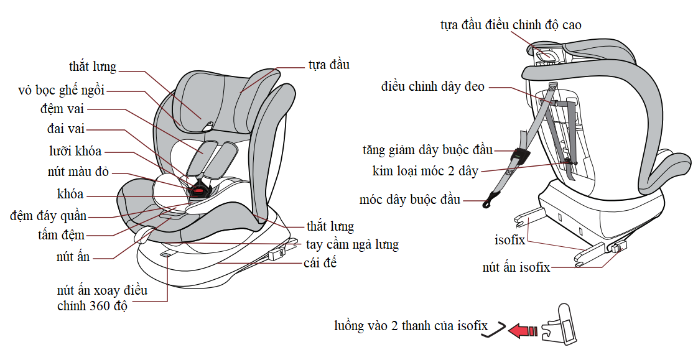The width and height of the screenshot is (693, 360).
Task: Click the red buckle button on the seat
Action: pos(199,191)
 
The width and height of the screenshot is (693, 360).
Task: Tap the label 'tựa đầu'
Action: pos(329,65)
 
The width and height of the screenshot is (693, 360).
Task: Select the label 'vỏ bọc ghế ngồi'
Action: pos(62,90)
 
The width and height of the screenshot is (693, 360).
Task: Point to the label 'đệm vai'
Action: pos(62,109)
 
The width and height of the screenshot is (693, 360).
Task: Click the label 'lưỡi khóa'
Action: pos(75,151)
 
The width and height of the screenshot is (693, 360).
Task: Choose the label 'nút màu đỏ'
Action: pos(78,172)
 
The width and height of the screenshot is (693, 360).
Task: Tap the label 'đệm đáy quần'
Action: pos(49,216)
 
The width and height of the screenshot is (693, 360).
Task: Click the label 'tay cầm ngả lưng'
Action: pos(352,245)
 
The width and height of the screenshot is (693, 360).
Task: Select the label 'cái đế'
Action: pos(320,263)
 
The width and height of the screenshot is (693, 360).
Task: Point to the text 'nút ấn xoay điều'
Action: pos(102,290)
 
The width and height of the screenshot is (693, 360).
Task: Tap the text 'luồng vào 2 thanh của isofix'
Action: pos(411,326)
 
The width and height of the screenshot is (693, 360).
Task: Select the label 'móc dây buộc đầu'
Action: pos(410,200)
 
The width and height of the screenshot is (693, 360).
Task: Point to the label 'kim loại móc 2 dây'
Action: pos(425,171)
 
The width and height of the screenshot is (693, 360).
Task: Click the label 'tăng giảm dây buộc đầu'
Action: pos(427,150)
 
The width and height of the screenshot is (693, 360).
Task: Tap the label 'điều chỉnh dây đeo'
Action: pos(433,86)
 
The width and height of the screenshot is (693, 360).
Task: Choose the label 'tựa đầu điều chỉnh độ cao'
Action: pos(511,25)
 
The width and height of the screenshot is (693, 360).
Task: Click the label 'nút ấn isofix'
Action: pos(516,267)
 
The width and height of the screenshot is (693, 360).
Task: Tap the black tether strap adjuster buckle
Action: pos(520,155)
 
